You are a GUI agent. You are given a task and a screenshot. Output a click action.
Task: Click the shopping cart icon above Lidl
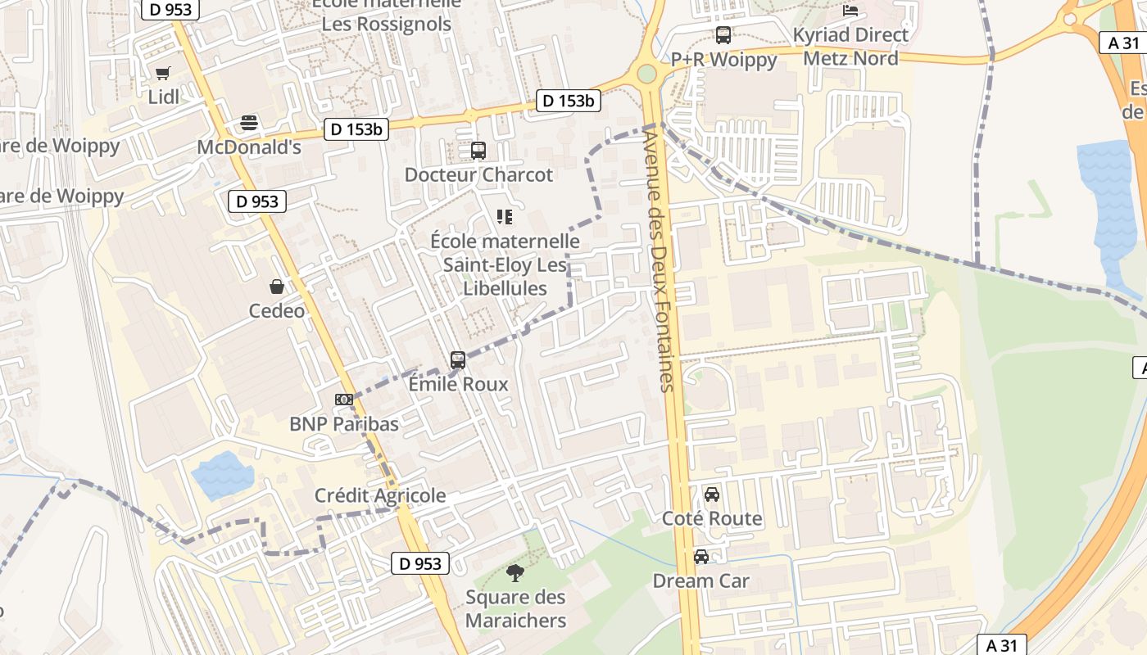[162, 73]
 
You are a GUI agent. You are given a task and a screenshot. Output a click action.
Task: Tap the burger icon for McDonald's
[249, 124]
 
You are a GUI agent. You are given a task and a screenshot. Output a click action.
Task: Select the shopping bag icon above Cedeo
[277, 287]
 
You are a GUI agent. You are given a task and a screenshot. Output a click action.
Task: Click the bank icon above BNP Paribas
[344, 400]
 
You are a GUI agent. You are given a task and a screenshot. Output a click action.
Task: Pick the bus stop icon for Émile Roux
[458, 359]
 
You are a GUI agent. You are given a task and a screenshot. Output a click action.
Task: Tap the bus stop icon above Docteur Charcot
[478, 151]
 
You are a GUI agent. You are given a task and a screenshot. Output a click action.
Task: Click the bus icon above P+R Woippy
[723, 35]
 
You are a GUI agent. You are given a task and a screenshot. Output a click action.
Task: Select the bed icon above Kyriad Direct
[850, 11]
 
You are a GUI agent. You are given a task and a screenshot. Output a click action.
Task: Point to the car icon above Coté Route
[712, 495]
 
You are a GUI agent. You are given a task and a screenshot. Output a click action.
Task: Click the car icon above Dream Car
[701, 557]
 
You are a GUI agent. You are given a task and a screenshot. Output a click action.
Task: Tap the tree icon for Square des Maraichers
[515, 573]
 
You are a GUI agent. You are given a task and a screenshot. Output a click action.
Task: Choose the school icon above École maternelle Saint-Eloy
[505, 217]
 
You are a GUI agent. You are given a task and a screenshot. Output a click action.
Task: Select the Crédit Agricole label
[380, 495]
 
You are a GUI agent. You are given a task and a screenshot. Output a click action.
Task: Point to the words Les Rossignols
[386, 25]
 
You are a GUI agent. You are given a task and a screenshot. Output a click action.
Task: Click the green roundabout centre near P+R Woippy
[647, 75]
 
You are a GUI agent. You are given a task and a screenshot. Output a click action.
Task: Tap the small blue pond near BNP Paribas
[222, 475]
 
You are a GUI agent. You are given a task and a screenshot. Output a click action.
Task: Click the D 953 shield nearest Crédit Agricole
[420, 563]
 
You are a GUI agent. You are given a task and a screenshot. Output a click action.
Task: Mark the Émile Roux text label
[458, 384]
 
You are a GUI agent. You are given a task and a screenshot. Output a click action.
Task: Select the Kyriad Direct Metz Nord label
[850, 47]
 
